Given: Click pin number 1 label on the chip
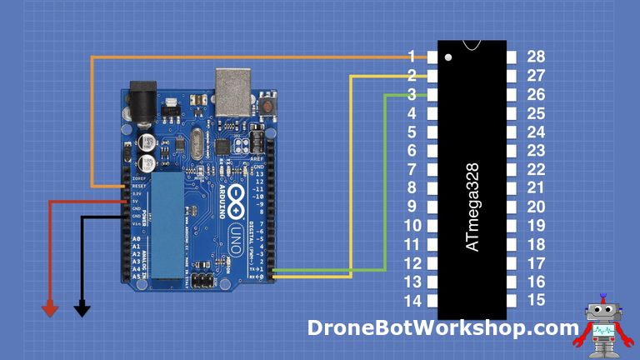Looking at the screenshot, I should coord(412,57).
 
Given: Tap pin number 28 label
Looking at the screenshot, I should coord(537,57).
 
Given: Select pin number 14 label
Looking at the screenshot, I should coord(412,301).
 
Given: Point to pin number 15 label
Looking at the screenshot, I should coord(537,301).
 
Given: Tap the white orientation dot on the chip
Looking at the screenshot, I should coord(448,58).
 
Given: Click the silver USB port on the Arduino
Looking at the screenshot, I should coord(235,89).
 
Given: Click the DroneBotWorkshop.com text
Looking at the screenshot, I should coord(442,327).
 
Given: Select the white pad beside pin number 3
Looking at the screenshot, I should coord(432,94).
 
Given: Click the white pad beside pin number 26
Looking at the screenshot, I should coord(512,94).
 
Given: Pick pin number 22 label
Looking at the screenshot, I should coord(537,169).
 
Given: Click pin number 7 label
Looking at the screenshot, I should coord(412,169).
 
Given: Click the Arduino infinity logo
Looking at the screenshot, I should coord(236,197).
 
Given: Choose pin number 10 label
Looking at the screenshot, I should coord(412,226).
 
